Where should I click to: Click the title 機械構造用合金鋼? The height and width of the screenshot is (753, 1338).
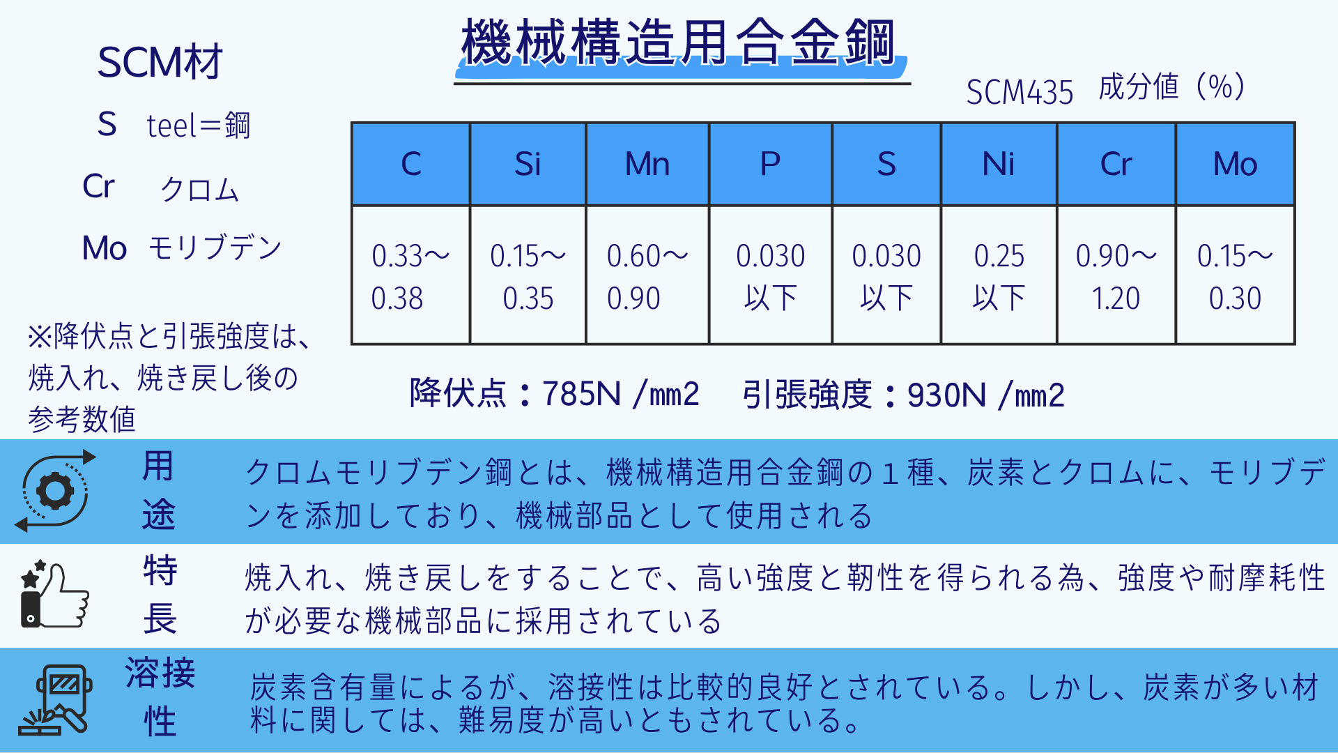pos(678,43)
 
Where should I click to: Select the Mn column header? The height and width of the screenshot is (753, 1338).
pos(647,165)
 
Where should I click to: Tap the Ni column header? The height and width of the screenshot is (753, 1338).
pos(998,165)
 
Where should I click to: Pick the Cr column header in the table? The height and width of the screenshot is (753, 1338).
pos(1116,165)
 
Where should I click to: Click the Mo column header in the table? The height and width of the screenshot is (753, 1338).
pos(1235,165)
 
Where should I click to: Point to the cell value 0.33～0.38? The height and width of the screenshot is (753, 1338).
pos(410,276)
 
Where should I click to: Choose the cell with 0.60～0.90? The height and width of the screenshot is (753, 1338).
pos(647,276)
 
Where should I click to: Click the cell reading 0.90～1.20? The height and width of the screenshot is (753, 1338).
pos(1116,276)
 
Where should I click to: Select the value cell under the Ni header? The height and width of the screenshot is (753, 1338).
pos(999,276)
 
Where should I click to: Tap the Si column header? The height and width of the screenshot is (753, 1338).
pos(528,165)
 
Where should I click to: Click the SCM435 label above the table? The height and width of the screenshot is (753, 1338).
pos(1020,92)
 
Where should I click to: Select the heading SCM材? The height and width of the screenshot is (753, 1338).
pos(160,62)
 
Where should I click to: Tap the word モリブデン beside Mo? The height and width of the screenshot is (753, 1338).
pos(215,248)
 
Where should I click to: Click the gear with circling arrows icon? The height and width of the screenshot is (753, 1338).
pos(56,491)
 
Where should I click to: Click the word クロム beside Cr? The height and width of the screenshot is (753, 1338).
pos(200,189)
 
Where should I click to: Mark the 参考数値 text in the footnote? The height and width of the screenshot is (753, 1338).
pos(82,419)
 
